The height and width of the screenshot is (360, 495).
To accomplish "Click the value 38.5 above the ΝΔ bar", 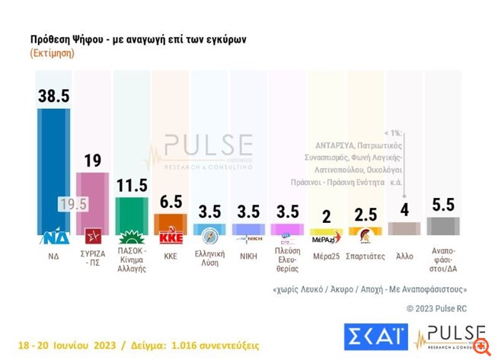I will (x=55, y=94).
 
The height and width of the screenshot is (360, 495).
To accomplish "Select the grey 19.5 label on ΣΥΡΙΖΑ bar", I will (x=75, y=203).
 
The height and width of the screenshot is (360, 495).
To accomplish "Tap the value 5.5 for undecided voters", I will (x=443, y=205).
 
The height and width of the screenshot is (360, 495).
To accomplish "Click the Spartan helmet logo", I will (x=365, y=234).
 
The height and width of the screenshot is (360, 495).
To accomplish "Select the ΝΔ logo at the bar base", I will (x=55, y=237).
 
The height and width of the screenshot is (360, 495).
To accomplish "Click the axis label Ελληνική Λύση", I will (x=210, y=259).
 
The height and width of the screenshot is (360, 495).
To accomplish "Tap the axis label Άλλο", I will (x=404, y=256).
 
